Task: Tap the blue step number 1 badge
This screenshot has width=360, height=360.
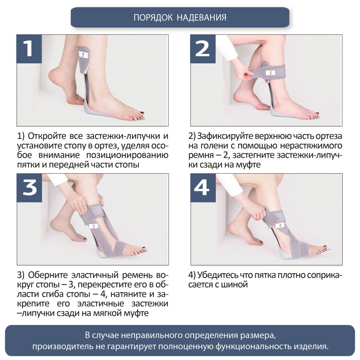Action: coord(29,49)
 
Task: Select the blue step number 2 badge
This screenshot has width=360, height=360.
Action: coord(202,49)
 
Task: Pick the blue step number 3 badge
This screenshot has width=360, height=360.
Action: coord(29,188)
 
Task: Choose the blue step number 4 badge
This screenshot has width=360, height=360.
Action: coord(202,188)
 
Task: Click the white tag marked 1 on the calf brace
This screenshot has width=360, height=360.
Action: coord(83,55)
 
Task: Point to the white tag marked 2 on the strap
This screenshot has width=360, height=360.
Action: coord(270,73)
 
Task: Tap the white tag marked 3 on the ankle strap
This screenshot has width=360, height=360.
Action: coord(94,226)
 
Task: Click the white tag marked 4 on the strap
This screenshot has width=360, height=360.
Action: coord(279,225)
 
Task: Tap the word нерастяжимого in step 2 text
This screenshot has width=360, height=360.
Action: coord(316,146)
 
